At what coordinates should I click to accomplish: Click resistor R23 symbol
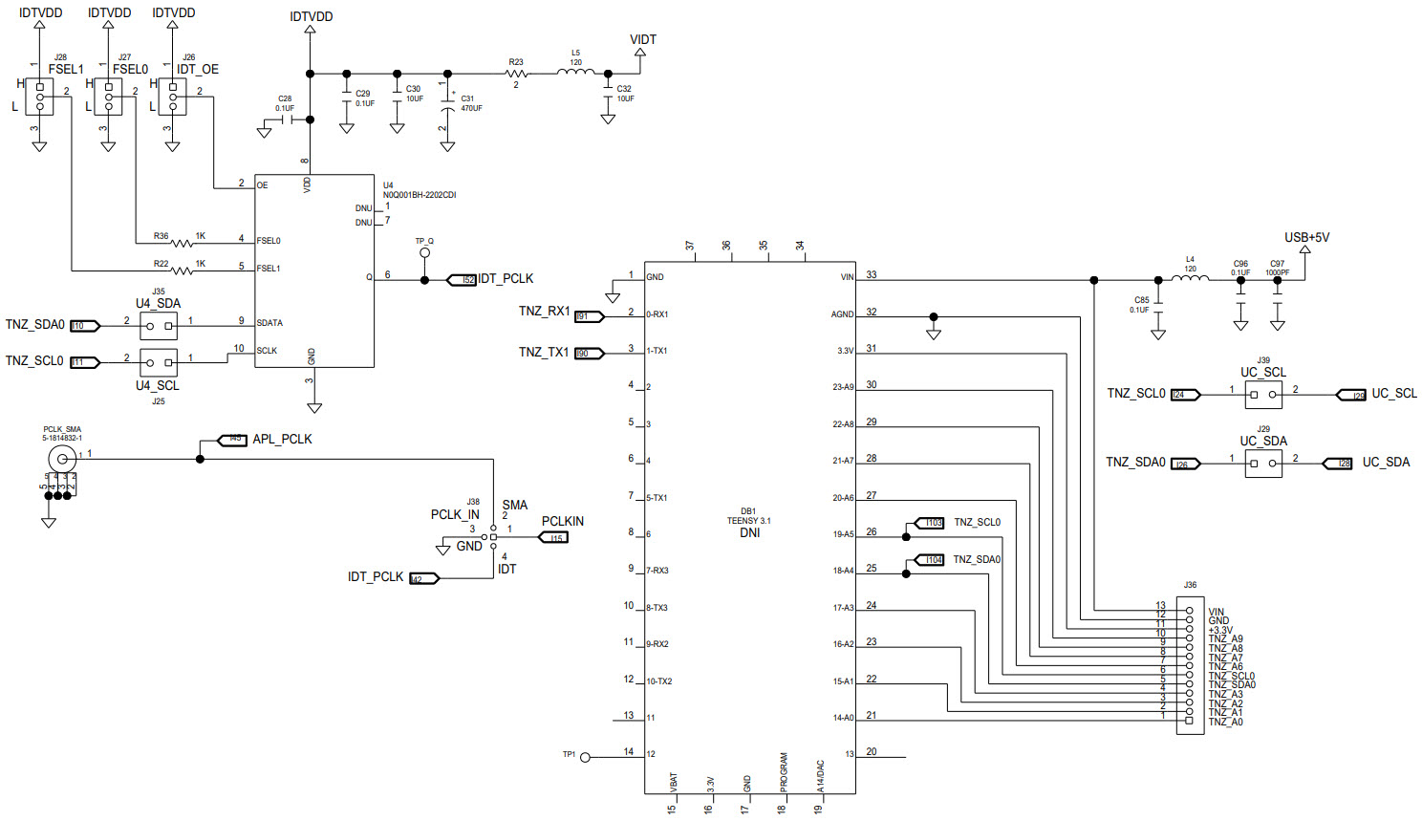pos(516,73)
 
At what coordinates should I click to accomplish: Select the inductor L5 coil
pos(576,72)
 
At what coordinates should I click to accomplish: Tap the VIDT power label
pos(642,40)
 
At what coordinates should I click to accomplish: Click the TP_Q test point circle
pos(425,254)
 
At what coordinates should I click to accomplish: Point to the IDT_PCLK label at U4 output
pos(506,279)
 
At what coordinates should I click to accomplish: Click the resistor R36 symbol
pos(182,243)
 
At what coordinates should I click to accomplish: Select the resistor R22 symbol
pos(182,270)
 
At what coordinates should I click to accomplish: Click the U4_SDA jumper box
pos(159,326)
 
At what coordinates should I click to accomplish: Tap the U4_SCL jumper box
pos(159,362)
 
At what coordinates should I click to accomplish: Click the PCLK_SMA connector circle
pos(62,459)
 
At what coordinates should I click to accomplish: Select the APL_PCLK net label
pos(282,440)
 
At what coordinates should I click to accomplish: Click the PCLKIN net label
pos(562,522)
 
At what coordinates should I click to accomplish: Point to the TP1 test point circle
pos(586,757)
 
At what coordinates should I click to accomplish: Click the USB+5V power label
pos(1306,238)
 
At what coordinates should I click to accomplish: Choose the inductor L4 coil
pos(1190,279)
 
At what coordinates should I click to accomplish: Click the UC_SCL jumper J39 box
pos(1263,394)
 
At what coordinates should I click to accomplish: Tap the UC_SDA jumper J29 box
pos(1263,464)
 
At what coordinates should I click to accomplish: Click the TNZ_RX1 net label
pos(544,312)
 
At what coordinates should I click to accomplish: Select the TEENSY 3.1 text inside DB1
pos(748,521)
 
